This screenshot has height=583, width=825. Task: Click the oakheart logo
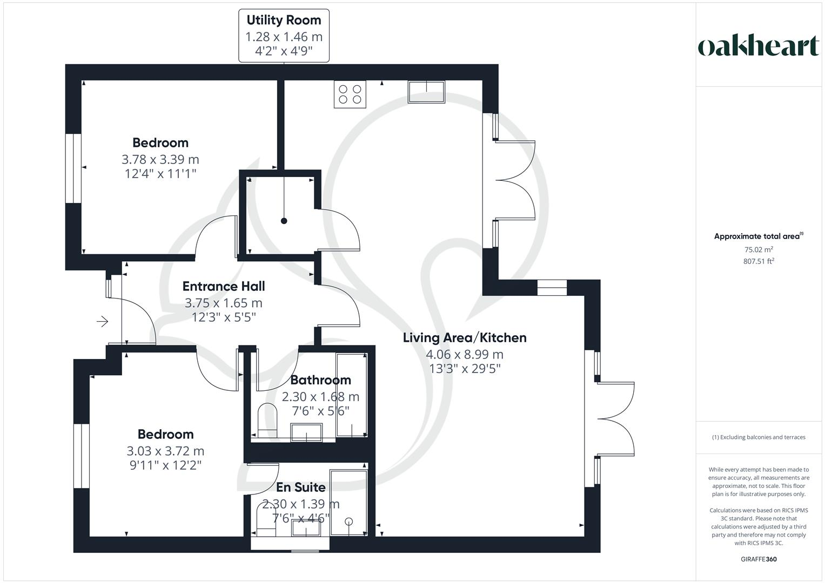[758, 46]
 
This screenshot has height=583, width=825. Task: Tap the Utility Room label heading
[284, 21]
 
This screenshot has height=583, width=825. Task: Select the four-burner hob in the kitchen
[350, 94]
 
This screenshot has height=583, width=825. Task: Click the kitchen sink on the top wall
[426, 92]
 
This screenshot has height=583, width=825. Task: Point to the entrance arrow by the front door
[103, 322]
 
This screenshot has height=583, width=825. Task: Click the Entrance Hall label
[224, 287]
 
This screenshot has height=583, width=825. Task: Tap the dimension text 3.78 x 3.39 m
[160, 160]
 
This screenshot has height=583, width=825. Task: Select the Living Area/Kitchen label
[465, 338]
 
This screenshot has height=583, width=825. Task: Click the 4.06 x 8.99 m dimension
[465, 355]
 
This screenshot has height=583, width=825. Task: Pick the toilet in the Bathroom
[267, 420]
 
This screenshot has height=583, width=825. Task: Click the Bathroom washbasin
[307, 432]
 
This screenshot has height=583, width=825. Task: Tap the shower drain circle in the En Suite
[348, 521]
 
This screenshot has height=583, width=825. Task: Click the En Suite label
[301, 487]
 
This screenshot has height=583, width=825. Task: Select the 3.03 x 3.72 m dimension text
[165, 451]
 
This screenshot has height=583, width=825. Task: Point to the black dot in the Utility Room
[284, 221]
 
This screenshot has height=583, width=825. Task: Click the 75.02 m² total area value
[759, 250]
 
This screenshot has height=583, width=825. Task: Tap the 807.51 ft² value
[759, 261]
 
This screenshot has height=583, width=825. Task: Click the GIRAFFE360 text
[759, 559]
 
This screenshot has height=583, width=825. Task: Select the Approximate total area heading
[757, 236]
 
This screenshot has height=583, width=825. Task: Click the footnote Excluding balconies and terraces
[759, 437]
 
